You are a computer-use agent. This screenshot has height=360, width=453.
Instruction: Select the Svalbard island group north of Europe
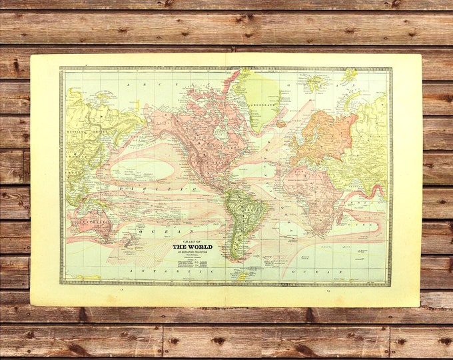click(x=347, y=75)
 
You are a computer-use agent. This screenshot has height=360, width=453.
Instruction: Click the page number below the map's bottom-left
click(x=122, y=291)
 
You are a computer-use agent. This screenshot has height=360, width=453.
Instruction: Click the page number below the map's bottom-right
click(x=329, y=291)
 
